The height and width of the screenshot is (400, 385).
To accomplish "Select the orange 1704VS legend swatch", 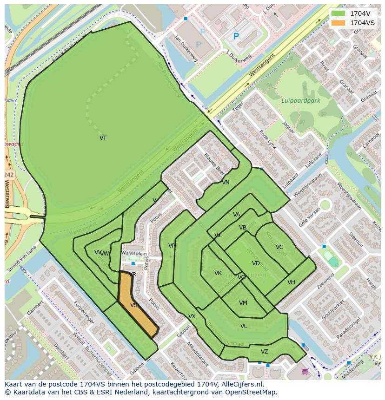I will [338, 23].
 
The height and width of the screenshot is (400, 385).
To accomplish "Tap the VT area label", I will [103, 138].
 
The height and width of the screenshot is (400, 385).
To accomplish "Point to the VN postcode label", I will [226, 183].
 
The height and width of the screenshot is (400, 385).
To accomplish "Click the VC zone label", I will [279, 247].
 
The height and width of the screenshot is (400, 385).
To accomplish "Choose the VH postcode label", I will [291, 282].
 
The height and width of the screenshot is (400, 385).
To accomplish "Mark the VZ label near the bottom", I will [265, 352].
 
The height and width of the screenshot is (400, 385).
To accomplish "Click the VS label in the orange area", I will [134, 305].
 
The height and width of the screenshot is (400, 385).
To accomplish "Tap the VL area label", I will [244, 326].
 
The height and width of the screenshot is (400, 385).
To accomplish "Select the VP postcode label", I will [172, 246].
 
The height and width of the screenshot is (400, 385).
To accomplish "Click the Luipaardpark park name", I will [301, 100].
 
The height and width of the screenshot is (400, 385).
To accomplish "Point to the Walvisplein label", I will [134, 254].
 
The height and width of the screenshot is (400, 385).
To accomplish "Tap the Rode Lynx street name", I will [268, 139].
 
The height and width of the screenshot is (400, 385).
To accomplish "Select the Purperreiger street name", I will [84, 315].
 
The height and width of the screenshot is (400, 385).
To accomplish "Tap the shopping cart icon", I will [305, 371].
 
